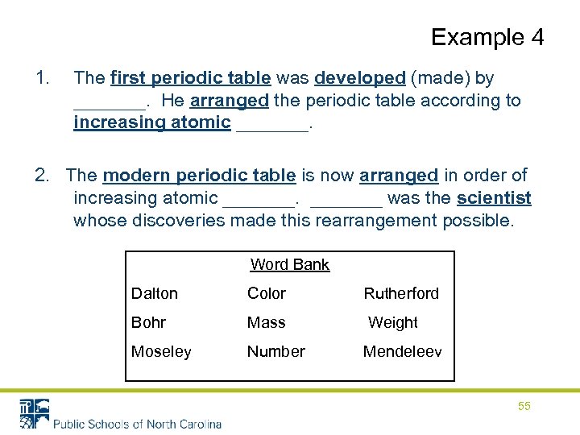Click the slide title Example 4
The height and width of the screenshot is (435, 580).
pyautogui.click(x=487, y=37)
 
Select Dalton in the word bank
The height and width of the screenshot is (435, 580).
pyautogui.click(x=155, y=293)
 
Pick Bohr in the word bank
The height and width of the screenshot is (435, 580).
pyautogui.click(x=148, y=322)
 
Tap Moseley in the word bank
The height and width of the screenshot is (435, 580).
pyautogui.click(x=161, y=351)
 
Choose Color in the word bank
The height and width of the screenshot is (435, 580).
pyautogui.click(x=266, y=293)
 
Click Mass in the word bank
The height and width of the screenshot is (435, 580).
pyautogui.click(x=266, y=322)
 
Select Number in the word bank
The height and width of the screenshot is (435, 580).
pyautogui.click(x=275, y=351)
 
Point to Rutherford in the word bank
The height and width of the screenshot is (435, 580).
pyautogui.click(x=401, y=293)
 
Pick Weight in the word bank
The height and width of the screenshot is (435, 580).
pyautogui.click(x=392, y=322)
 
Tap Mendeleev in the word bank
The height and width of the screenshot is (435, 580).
pyautogui.click(x=402, y=351)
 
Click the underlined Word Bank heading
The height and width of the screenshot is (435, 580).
pyautogui.click(x=290, y=264)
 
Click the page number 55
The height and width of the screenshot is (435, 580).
pyautogui.click(x=524, y=406)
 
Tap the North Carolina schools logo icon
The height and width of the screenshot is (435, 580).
pyautogui.click(x=35, y=412)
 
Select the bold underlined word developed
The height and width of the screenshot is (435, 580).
pyautogui.click(x=359, y=78)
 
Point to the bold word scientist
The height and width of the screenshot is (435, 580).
pyautogui.click(x=494, y=197)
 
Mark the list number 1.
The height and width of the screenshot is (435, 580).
pyautogui.click(x=43, y=78)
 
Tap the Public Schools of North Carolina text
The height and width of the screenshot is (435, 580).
pyautogui.click(x=137, y=424)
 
